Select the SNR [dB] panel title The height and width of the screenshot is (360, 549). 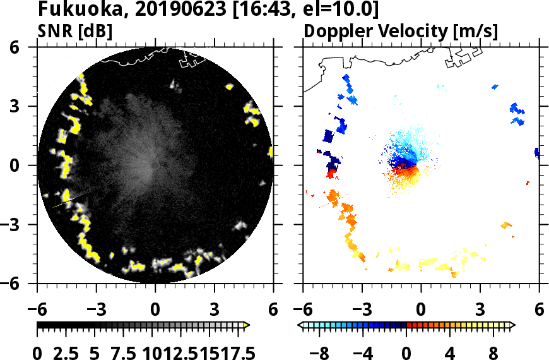click(74, 30)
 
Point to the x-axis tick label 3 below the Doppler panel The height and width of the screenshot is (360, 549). click(480, 309)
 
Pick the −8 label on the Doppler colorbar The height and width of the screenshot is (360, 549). click(322, 351)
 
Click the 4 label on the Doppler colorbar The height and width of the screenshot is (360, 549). click(450, 351)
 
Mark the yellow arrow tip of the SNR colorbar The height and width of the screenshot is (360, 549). click(247, 325)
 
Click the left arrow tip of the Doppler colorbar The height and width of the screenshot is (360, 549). click(300, 325)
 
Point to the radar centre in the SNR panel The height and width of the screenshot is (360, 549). click(155, 165)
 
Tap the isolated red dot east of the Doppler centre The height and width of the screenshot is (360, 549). click(528, 183)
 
